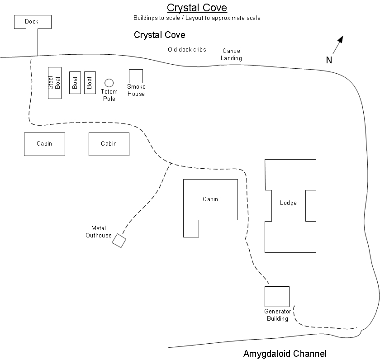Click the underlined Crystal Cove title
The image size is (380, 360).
[x=197, y=8]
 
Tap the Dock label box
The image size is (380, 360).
[x=32, y=22]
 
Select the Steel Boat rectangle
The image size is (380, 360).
[x=55, y=83]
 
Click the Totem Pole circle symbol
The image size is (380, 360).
[x=109, y=83]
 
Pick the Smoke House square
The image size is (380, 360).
[x=136, y=76]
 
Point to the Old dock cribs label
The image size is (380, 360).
[x=187, y=50]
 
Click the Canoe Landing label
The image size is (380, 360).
[x=231, y=55]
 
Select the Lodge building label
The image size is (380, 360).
[x=288, y=203]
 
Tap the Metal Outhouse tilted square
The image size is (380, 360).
[x=119, y=241]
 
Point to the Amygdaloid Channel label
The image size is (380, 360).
[x=285, y=354]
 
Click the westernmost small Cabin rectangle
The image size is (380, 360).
[x=44, y=144]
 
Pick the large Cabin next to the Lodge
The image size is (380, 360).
[x=210, y=199]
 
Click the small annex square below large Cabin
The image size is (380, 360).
[x=191, y=228]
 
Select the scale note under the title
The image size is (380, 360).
[x=197, y=18]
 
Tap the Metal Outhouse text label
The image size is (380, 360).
[x=99, y=232]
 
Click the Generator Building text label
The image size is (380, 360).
[x=277, y=315]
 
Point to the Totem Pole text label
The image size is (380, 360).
[x=109, y=95]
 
